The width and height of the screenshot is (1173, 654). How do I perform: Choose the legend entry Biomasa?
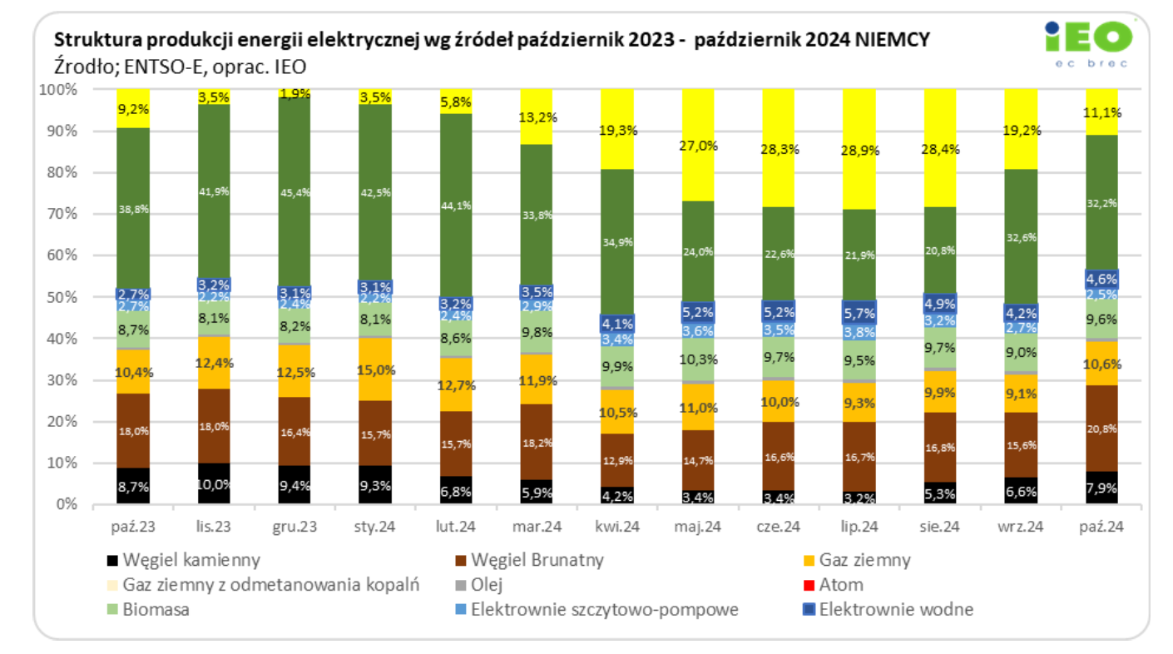pyautogui.click(x=156, y=609)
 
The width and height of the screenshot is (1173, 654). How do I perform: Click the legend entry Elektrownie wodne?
pyautogui.click(x=895, y=609)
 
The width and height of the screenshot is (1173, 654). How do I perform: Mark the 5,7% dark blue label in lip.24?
pyautogui.click(x=860, y=314)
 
